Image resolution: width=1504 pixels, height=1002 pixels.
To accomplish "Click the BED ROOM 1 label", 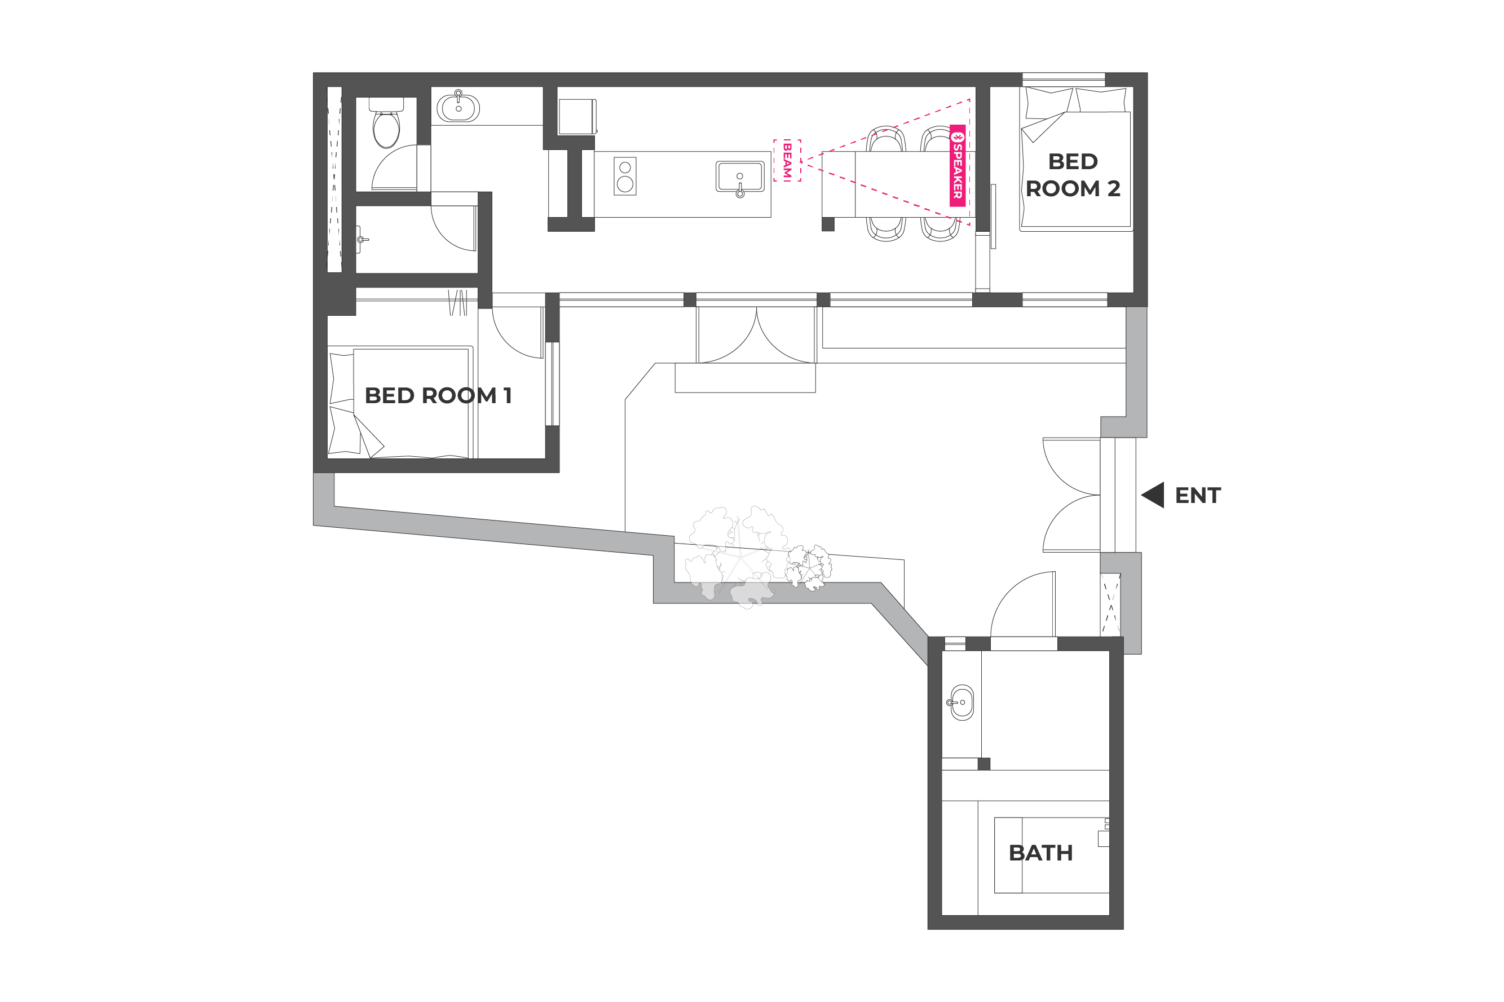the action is [438, 396].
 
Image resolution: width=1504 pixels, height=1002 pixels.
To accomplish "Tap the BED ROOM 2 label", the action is [1073, 175].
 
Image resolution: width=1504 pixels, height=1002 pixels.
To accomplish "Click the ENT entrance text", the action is [1198, 495].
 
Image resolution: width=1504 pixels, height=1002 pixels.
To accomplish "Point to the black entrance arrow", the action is [1153, 495].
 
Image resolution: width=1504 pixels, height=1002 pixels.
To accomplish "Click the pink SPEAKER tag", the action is [957, 166].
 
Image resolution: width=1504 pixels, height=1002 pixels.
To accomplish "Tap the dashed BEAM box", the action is [787, 160].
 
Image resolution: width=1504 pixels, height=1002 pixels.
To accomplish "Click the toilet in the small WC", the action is [386, 123].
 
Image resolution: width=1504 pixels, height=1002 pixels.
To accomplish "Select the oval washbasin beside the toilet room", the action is [458, 107].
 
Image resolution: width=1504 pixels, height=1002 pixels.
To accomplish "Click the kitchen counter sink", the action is [740, 178].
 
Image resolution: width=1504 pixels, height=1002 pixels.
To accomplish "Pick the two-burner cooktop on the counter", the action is [625, 176].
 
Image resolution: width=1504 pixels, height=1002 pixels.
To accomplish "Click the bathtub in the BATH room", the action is [1052, 855].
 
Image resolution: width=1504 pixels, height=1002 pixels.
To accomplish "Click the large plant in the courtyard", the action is [736, 556].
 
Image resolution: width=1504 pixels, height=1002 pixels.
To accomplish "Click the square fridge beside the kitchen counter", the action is [577, 116].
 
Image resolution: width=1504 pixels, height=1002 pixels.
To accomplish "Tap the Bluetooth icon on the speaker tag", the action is [957, 137].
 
